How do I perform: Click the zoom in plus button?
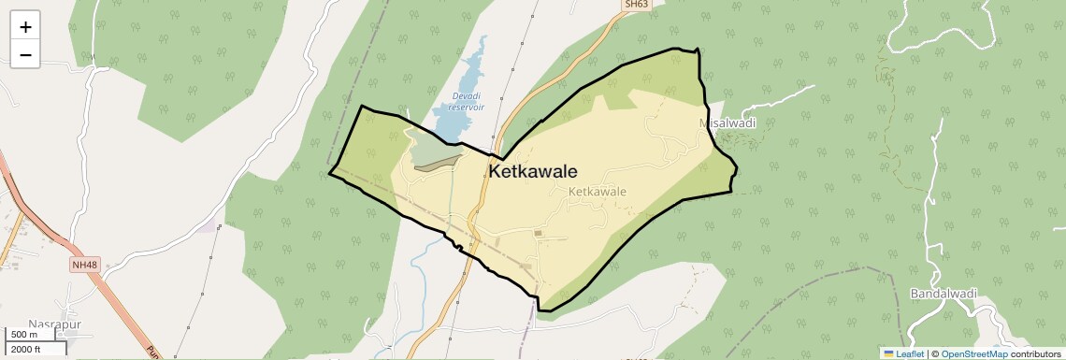(25, 27)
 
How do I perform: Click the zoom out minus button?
(25, 55)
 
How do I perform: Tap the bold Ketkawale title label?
(533, 172)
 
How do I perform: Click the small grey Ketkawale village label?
(597, 192)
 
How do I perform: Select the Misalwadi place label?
(727, 123)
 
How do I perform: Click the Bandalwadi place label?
(943, 294)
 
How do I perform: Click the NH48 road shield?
(84, 265)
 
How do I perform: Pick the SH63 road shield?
(636, 4)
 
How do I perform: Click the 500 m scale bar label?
(24, 335)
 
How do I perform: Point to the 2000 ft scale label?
(26, 349)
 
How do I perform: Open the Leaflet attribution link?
(907, 353)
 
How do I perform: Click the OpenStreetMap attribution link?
(973, 353)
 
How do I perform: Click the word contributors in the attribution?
(1035, 353)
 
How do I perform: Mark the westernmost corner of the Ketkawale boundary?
(330, 173)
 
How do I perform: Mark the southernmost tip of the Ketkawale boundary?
(541, 310)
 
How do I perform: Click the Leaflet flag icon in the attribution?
(888, 353)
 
